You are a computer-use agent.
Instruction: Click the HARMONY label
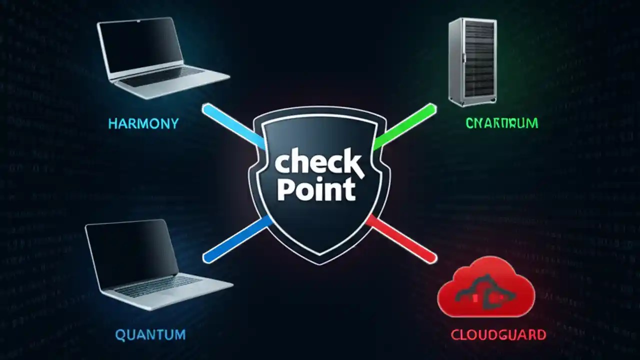point(143,123)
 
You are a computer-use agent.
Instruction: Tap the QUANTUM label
point(150,334)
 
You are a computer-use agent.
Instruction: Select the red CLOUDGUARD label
point(498,334)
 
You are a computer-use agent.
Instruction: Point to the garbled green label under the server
point(501,123)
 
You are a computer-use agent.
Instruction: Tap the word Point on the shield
point(316,190)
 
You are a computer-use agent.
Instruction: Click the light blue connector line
point(233,125)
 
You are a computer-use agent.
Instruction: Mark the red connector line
point(402,240)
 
